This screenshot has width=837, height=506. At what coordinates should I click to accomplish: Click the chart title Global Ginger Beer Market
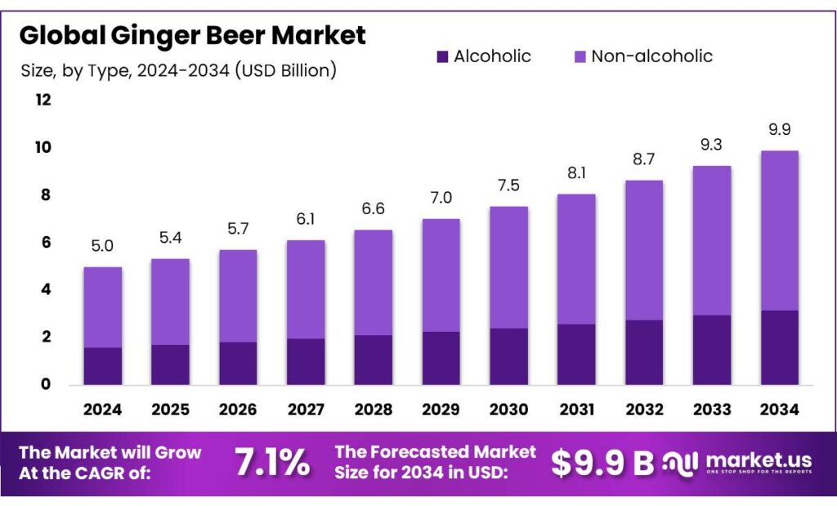(193, 35)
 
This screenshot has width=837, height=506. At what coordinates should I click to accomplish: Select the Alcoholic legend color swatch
(442, 56)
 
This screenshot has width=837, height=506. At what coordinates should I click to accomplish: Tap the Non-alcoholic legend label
(651, 56)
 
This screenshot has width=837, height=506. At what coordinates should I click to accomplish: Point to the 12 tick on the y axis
(43, 100)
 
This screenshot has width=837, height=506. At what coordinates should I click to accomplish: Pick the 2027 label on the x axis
(305, 409)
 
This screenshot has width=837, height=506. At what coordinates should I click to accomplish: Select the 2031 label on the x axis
(575, 409)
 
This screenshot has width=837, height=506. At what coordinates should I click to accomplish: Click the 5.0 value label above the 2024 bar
(102, 246)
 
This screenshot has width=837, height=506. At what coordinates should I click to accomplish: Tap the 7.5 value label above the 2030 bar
(508, 185)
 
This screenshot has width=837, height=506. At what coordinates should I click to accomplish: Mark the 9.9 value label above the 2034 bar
(779, 129)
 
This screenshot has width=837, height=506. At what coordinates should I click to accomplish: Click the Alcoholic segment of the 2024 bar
(103, 366)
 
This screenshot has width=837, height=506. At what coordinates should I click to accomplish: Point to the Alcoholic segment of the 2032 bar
(643, 352)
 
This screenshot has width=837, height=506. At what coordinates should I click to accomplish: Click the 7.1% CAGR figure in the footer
(272, 463)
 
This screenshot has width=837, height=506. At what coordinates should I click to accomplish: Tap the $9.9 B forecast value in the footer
(602, 463)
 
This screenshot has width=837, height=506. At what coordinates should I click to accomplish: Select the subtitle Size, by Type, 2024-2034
(178, 70)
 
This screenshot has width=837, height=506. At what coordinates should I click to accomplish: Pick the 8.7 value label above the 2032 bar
(643, 159)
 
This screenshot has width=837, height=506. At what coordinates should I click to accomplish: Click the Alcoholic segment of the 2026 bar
(238, 364)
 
